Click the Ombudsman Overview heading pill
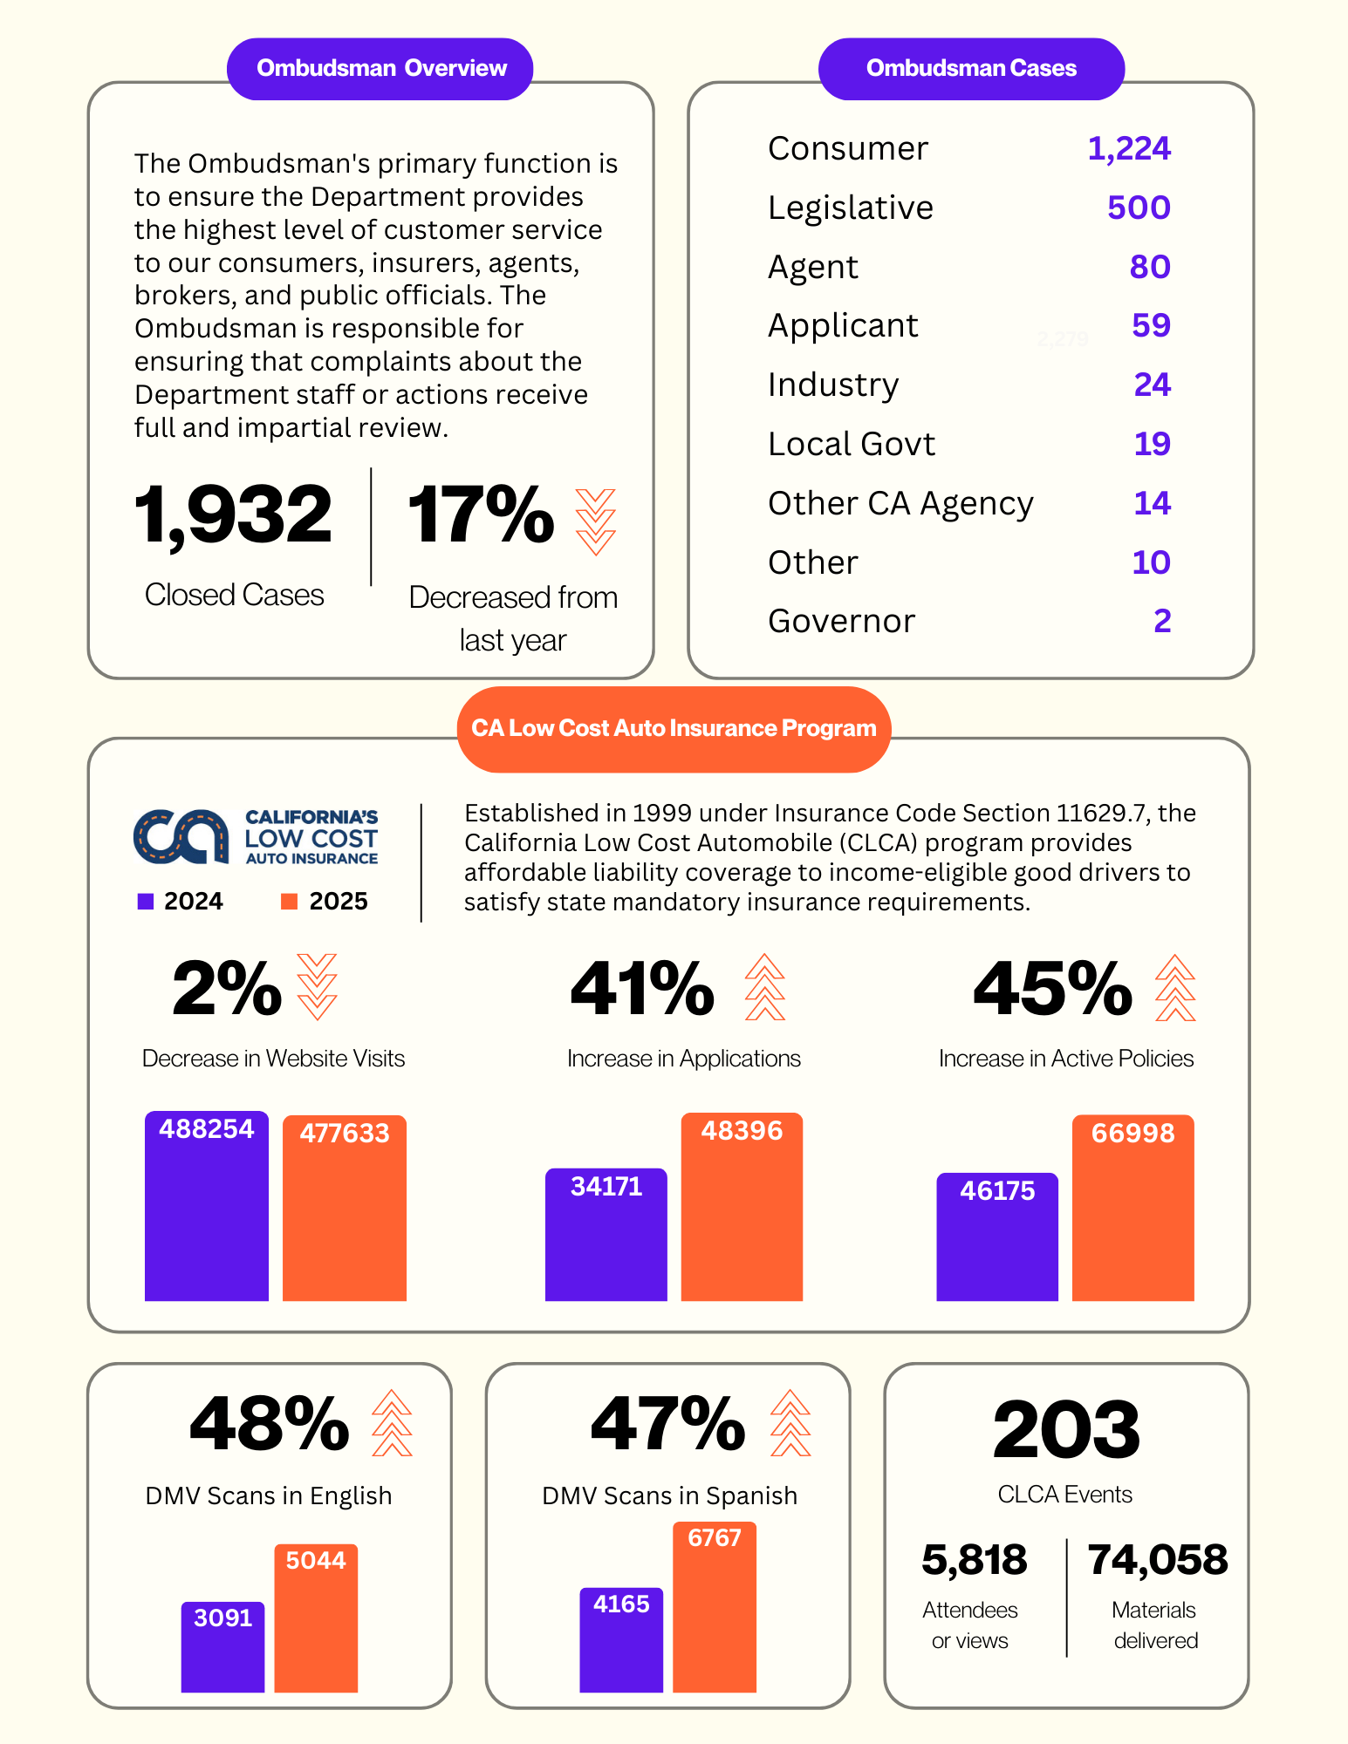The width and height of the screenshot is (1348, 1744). tap(380, 69)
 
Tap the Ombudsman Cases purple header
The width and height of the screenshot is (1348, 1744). tap(970, 69)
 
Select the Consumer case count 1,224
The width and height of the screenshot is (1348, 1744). tap(1128, 149)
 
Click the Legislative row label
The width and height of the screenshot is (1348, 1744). tap(850, 208)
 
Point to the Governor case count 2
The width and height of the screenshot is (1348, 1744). tap(1161, 622)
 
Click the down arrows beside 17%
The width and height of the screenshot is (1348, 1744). tap(595, 521)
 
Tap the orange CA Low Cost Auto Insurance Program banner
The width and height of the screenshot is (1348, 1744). tap(674, 729)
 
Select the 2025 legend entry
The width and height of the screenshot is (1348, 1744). tap(325, 902)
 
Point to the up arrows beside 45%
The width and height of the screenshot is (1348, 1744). tap(1174, 988)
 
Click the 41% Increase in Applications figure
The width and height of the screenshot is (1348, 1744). tap(643, 990)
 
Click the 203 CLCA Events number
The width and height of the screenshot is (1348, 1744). tap(1065, 1430)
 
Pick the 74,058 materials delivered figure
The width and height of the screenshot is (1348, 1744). tap(1157, 1561)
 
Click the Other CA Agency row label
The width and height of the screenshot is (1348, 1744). tap(900, 504)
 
